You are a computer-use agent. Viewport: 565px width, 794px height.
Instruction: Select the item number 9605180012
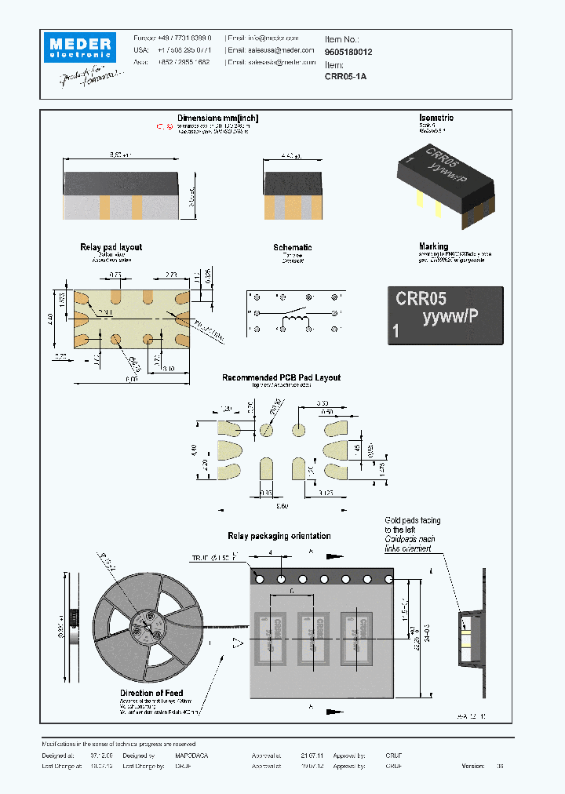[x=348, y=51]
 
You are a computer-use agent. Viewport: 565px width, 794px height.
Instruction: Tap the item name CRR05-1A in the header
[x=345, y=77]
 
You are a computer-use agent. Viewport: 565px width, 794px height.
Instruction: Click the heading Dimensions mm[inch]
[x=217, y=118]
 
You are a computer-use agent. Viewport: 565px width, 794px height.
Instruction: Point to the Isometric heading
[x=436, y=118]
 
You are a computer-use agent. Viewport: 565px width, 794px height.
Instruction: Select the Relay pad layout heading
[x=111, y=247]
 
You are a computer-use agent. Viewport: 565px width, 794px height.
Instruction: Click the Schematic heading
[x=292, y=247]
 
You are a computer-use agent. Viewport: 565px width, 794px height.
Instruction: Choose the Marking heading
[x=433, y=246]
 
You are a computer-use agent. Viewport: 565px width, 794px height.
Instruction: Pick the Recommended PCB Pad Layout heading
[x=281, y=377]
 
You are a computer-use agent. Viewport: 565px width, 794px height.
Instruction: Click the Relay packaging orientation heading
[x=279, y=536]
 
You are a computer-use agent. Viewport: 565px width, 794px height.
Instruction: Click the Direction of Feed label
[x=152, y=693]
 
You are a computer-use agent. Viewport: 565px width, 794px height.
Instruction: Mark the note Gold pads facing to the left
[x=412, y=525]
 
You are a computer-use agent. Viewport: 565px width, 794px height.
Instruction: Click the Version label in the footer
[x=473, y=766]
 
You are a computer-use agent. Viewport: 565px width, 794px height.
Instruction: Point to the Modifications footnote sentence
[x=118, y=744]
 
